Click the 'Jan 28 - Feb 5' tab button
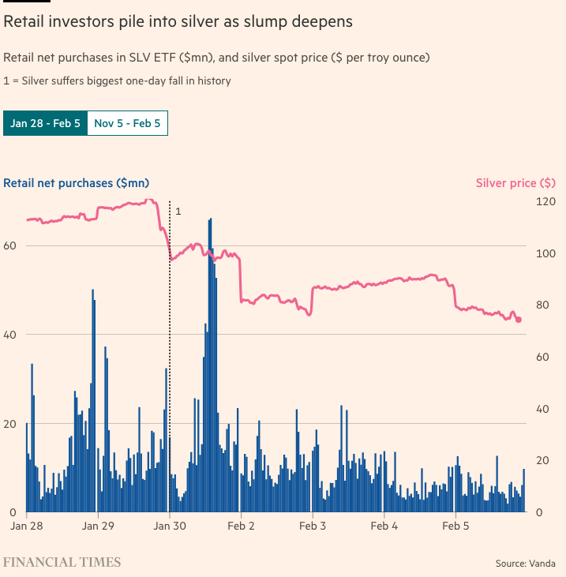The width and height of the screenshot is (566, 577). point(45,124)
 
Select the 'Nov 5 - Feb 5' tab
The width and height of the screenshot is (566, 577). point(127,124)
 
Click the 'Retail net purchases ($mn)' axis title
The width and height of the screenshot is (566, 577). point(77,183)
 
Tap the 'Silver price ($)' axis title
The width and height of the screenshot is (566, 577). point(516,183)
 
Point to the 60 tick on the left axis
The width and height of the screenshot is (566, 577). point(12,245)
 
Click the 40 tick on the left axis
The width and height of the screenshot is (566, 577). point(12,335)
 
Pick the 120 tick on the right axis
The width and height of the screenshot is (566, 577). point(545,201)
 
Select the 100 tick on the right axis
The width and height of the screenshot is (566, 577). point(545,253)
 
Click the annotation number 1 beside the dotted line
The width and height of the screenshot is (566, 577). point(178,212)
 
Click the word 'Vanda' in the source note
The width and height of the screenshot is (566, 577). point(542,564)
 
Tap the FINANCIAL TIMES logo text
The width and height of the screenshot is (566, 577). point(62,562)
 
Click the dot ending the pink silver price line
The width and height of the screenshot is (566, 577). point(519,320)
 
